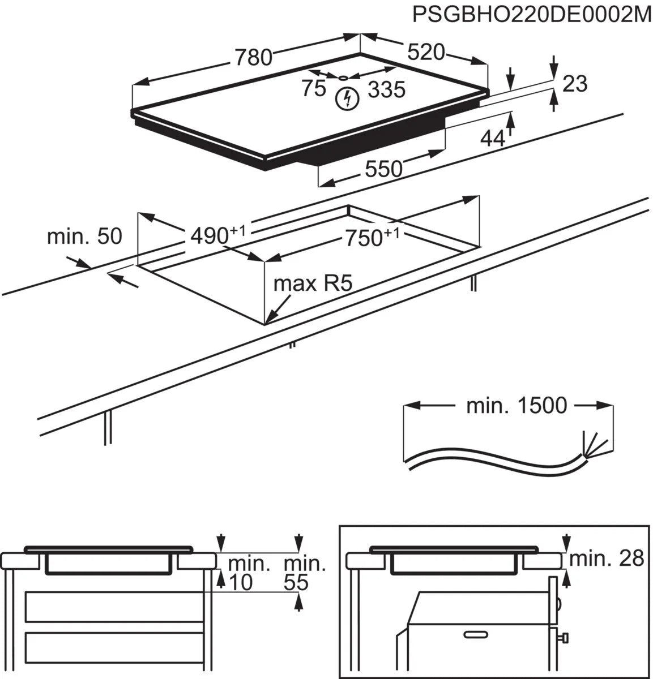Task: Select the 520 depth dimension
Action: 426,52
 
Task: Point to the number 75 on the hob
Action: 313,88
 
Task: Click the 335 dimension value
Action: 387,89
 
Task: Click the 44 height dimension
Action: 492,137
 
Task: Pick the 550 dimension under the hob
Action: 383,168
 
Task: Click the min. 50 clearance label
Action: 84,236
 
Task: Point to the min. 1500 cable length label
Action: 516,405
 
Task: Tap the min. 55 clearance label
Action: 304,572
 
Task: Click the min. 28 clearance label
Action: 607,558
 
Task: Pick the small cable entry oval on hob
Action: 343,78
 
